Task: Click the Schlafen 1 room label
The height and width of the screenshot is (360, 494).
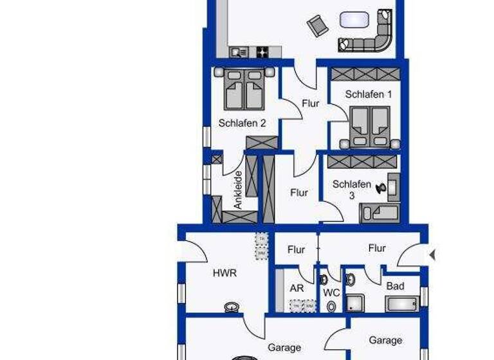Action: [x=368, y=94]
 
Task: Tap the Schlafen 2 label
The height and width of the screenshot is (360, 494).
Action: [x=242, y=123]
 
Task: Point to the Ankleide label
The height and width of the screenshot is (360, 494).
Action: [x=238, y=189]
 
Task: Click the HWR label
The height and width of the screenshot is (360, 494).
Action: [x=224, y=273]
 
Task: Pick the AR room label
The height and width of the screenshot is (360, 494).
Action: [x=297, y=289]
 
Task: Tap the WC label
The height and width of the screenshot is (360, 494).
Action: [x=331, y=292]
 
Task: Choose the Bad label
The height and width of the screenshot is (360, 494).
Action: [x=395, y=285]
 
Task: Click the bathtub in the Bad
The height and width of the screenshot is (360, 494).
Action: [x=401, y=303]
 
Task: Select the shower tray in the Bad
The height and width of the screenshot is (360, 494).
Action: [x=354, y=303]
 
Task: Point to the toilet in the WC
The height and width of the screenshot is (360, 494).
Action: [x=331, y=307]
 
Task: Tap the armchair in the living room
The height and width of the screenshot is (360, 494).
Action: [x=317, y=26]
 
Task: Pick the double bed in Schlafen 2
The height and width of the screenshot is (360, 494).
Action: [x=244, y=90]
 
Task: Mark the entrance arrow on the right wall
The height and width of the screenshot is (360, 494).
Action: [x=432, y=255]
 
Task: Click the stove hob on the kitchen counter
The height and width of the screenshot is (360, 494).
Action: [x=263, y=52]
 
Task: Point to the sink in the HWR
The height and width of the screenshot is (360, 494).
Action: [x=232, y=307]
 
